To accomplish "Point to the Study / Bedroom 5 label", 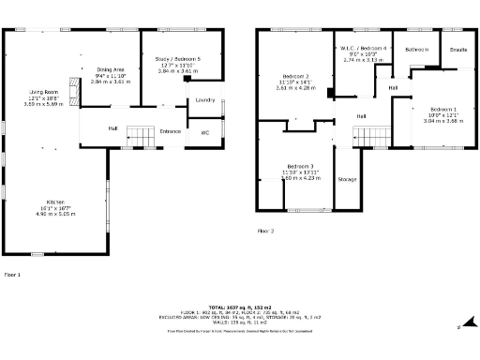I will click(x=177, y=59).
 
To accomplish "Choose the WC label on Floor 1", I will click(x=204, y=132).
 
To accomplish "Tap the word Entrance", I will click(x=170, y=131).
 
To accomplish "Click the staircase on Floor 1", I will click(x=140, y=135).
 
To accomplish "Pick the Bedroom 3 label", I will click(x=300, y=166).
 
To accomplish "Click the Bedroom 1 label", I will click(x=443, y=110).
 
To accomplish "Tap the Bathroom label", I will click(x=416, y=49).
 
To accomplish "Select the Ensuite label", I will click(x=458, y=49).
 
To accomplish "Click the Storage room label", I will click(x=347, y=178).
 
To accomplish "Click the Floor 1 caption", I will click(x=12, y=275).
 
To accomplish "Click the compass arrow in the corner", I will click(x=460, y=326).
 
